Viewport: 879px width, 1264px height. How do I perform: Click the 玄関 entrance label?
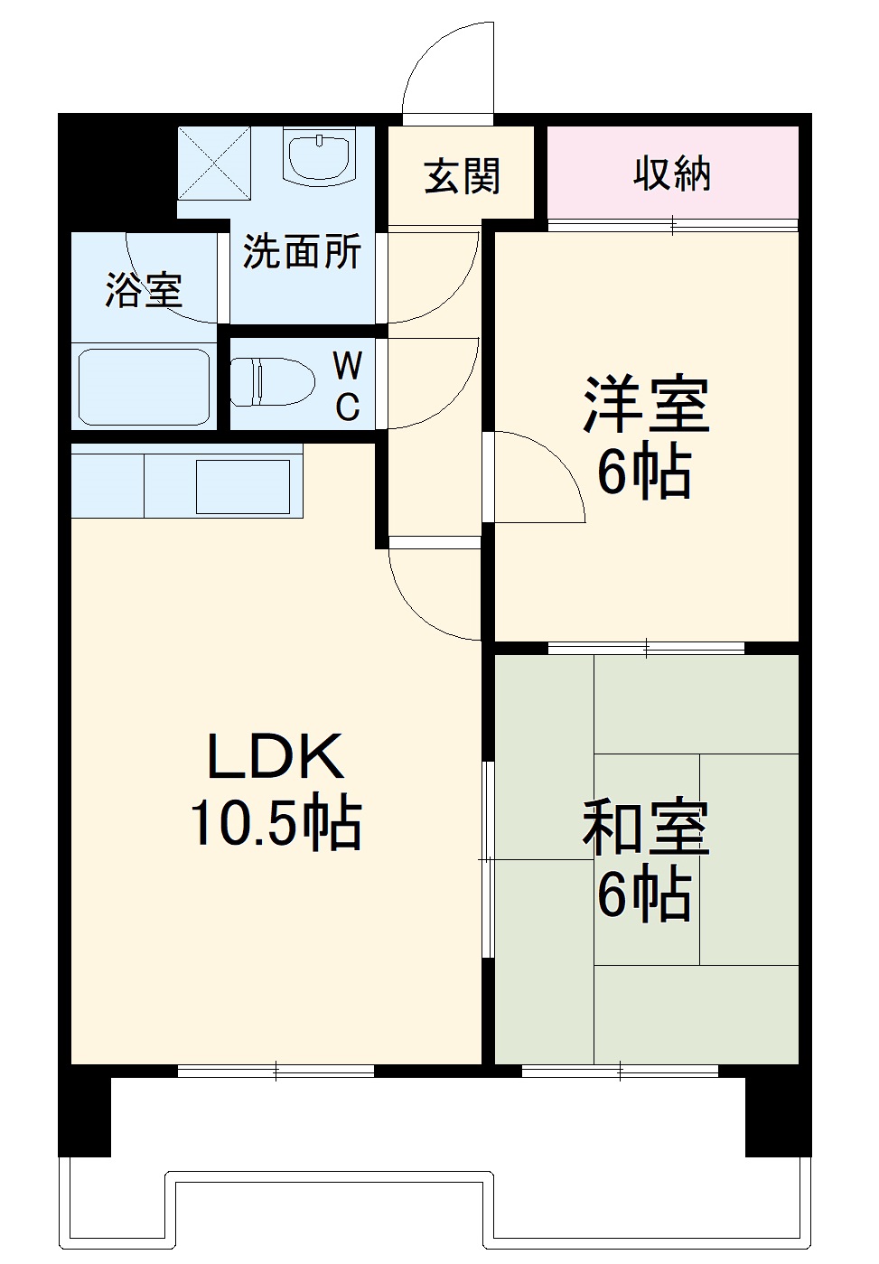pos(462,176)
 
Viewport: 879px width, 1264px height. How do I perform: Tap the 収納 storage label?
pos(671,173)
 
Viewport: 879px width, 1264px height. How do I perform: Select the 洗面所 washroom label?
pos(302,252)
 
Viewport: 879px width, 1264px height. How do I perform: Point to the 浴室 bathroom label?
pos(145,289)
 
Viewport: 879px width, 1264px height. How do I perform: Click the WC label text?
pos(348,387)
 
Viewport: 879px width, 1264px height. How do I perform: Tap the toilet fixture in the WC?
pos(272,381)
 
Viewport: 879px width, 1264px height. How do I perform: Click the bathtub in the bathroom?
pos(145,386)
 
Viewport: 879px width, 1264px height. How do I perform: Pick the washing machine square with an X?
pos(213,163)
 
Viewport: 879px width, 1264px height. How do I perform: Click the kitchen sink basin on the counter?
pos(242,486)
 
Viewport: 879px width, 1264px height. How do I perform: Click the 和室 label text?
pos(646,828)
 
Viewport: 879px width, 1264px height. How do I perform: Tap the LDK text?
pos(276,756)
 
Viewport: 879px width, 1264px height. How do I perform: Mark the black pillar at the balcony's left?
pos(85,1110)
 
